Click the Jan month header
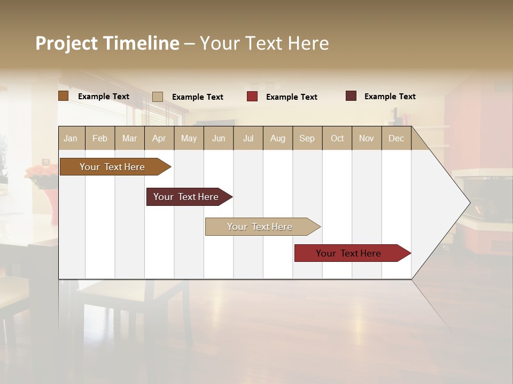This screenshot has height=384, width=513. [x=71, y=138]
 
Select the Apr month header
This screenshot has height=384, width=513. [x=159, y=138]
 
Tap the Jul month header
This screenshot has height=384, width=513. [x=248, y=138]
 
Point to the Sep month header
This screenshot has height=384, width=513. [x=307, y=138]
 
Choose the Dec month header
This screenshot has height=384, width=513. [x=396, y=138]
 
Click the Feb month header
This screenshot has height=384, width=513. [x=100, y=138]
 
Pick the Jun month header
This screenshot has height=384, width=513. [x=219, y=138]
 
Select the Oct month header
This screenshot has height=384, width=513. [x=337, y=138]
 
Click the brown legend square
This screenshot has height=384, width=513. [x=63, y=96]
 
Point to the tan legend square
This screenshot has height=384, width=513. [x=158, y=97]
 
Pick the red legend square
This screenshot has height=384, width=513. [x=252, y=97]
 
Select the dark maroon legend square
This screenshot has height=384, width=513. [x=351, y=96]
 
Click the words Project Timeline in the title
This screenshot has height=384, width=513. [x=107, y=43]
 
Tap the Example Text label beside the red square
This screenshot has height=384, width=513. [x=292, y=97]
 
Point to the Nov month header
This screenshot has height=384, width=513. [x=366, y=138]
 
